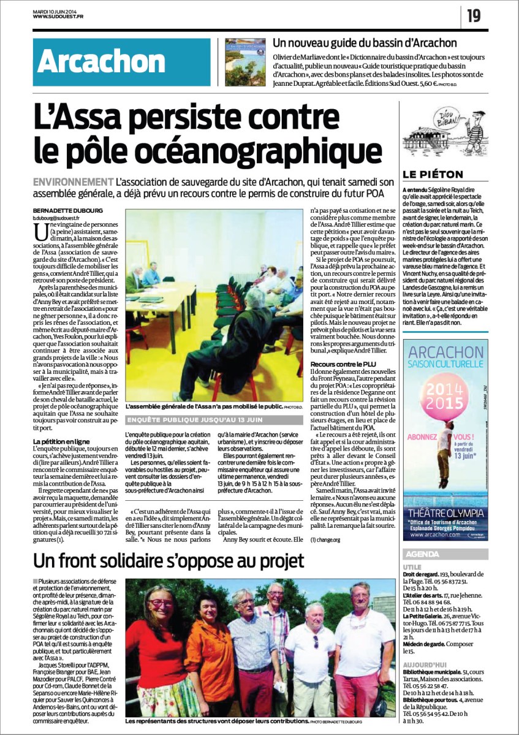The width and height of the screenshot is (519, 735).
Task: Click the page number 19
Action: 474,15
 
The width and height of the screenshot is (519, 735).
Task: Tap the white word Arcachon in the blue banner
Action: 100,63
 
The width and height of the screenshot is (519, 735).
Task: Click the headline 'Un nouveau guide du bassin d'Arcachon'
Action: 365,43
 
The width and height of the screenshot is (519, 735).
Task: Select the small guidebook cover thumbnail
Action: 244,62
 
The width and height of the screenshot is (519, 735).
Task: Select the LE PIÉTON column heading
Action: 433,174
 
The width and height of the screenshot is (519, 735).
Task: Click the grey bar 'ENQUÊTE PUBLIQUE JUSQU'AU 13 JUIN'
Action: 214,420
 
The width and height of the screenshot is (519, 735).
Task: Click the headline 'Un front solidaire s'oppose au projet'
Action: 168,561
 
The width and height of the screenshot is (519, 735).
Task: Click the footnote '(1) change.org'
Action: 325,539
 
